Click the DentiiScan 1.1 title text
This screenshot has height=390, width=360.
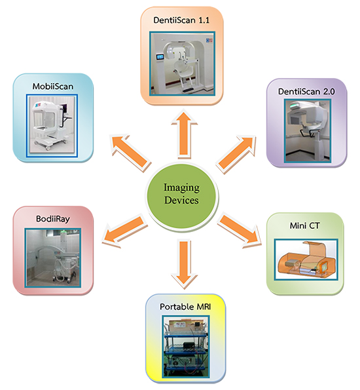tap(181, 20)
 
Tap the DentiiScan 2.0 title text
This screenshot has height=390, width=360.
tap(306, 92)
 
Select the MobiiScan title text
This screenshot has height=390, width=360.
tap(53, 87)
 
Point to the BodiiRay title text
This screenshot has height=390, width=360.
tap(53, 219)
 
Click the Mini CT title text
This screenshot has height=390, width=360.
tap(304, 225)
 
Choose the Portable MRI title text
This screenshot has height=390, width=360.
tap(185, 307)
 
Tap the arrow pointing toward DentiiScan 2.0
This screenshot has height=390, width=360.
tap(236, 154)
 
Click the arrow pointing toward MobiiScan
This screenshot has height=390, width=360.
tap(131, 152)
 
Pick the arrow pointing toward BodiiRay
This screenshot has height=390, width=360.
tap(125, 231)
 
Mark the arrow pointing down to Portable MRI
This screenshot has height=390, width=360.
tap(184, 264)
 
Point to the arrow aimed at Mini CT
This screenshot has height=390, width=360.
tap(240, 231)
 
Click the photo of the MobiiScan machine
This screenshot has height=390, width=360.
tap(52, 126)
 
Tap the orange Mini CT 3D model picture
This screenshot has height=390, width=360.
tap(306, 260)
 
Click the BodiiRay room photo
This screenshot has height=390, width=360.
tap(53, 258)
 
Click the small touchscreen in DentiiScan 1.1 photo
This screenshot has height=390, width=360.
tap(160, 57)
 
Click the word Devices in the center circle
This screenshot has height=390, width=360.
tap(181, 200)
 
